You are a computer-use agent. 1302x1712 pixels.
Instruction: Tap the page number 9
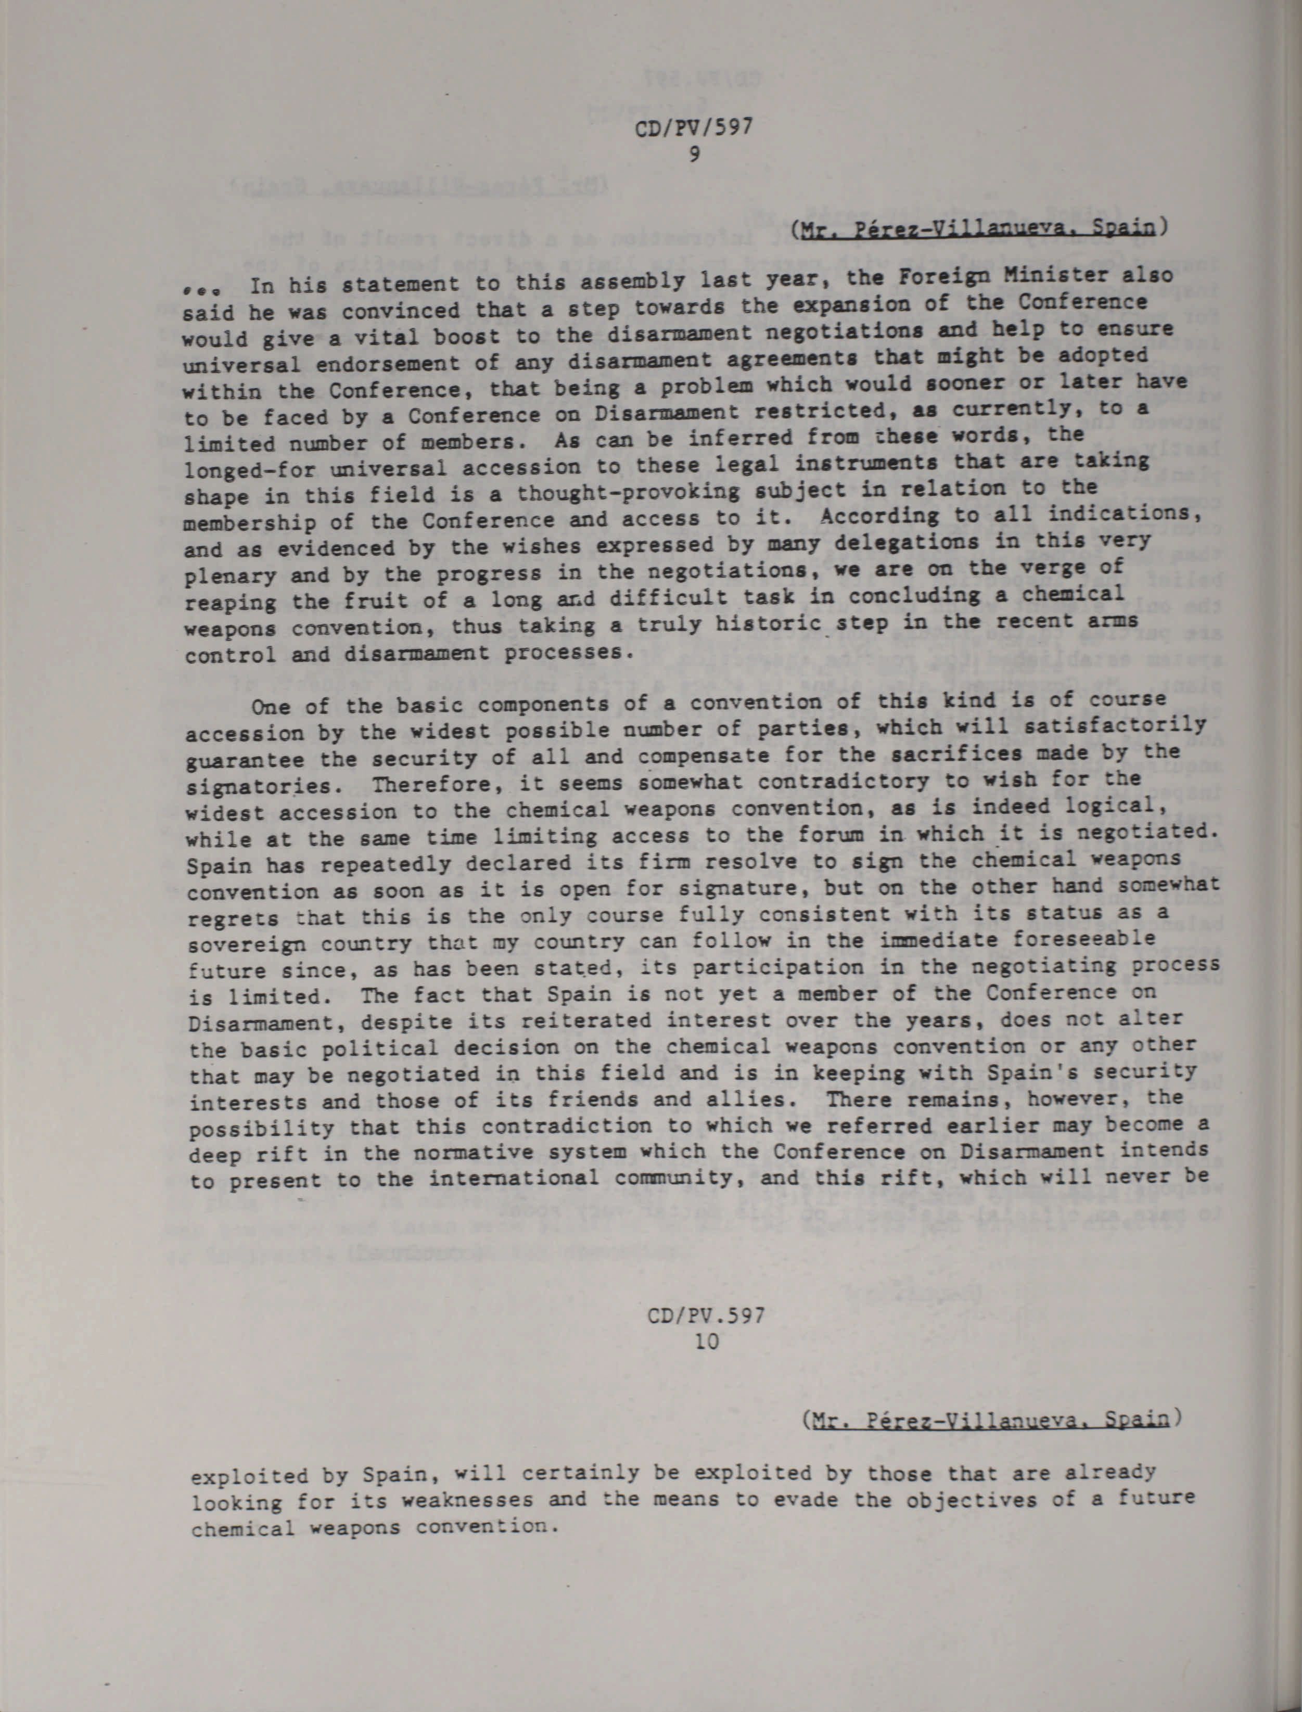694,154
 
